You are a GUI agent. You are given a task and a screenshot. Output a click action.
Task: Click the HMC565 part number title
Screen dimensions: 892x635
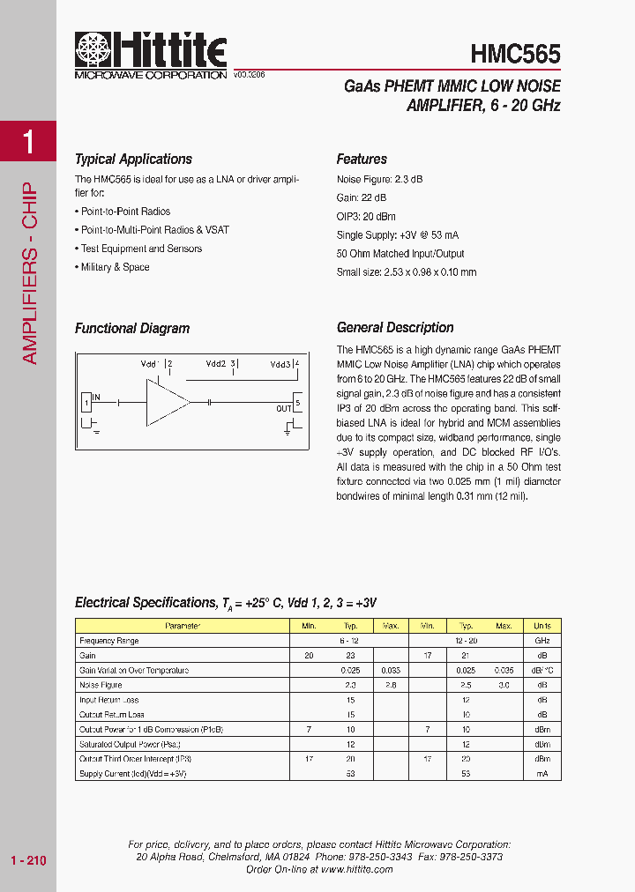(x=515, y=55)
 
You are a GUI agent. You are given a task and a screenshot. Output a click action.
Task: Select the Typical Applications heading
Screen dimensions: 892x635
(x=133, y=160)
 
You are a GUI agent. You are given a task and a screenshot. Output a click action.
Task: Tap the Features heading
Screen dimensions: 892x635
(x=362, y=160)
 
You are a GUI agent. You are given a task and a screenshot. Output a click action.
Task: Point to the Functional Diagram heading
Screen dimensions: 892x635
(x=132, y=329)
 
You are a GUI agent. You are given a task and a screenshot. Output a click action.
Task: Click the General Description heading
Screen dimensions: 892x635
(x=395, y=328)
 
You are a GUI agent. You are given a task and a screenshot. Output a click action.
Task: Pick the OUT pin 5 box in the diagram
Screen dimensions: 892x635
(x=297, y=405)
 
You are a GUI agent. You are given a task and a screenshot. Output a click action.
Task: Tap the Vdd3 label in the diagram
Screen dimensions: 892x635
(x=280, y=363)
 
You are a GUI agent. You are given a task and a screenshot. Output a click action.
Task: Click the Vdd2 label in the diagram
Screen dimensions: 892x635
(x=216, y=363)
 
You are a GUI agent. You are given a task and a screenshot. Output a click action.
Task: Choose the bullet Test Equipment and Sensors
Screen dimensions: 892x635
(x=141, y=249)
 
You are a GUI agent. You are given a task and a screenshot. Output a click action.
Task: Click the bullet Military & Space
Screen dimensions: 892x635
(x=115, y=267)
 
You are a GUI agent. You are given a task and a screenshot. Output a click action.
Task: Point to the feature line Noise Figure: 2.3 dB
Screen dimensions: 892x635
(x=379, y=179)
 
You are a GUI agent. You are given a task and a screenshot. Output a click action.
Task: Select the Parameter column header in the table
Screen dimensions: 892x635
(x=183, y=626)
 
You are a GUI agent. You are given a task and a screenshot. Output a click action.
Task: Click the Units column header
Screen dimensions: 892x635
(x=542, y=626)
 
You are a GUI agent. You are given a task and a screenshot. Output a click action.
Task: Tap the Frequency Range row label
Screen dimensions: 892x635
(x=109, y=641)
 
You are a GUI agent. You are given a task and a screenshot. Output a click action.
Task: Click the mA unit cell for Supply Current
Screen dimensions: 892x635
(x=542, y=773)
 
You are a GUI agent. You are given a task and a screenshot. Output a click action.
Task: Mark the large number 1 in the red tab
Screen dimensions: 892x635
(x=28, y=141)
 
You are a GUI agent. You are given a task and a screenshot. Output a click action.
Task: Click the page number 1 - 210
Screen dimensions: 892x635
(x=28, y=860)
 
